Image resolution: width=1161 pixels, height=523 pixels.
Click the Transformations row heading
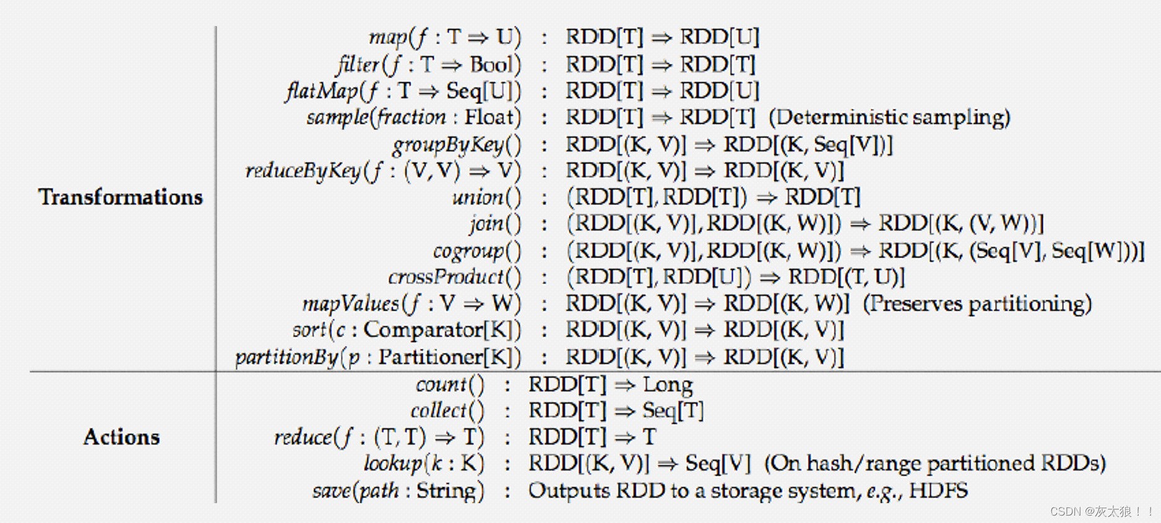[x=121, y=197]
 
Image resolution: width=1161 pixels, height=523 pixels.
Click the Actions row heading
[x=121, y=437]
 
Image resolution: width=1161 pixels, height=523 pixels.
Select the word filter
[x=358, y=64]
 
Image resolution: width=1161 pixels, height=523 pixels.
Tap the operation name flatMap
[x=321, y=91]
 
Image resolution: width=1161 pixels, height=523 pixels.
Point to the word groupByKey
[x=447, y=145]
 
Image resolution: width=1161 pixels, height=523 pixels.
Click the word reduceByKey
[x=303, y=171]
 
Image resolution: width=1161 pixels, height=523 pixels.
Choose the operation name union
[x=477, y=197]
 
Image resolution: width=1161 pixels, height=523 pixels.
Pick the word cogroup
[x=468, y=251]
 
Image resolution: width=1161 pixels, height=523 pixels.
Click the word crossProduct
[x=446, y=277]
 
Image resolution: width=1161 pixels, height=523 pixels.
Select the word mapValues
[x=350, y=304]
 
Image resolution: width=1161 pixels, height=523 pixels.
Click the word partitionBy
[x=287, y=357]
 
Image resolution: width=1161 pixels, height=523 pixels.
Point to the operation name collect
[x=438, y=410]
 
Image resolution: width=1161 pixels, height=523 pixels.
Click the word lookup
[x=392, y=464]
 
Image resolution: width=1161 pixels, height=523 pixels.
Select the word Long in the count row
[x=668, y=384]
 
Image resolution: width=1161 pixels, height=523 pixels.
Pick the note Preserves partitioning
[x=977, y=304]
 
